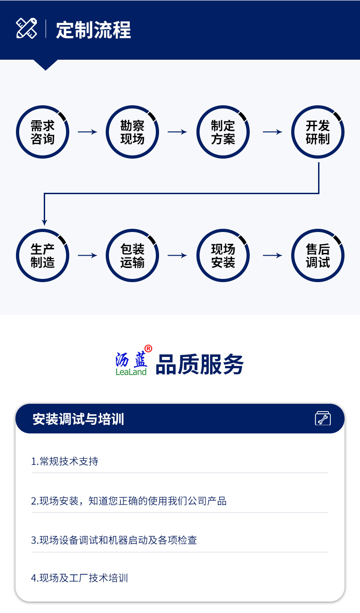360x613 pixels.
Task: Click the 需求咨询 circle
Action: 42,132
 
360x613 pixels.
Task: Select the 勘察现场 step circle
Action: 132,132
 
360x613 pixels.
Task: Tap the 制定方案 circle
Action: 223,132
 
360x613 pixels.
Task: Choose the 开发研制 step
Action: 318,132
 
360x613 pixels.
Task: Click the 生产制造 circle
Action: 42,256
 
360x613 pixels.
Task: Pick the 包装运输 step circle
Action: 132,256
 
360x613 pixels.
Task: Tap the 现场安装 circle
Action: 223,256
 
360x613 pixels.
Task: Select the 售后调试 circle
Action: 318,256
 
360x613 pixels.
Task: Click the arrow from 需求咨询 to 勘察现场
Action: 87,132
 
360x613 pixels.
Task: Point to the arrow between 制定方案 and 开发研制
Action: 273,132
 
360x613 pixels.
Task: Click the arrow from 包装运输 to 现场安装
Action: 177,256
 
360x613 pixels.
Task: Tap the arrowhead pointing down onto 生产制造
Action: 44,222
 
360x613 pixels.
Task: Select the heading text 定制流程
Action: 93,30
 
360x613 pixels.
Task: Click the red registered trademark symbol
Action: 148,349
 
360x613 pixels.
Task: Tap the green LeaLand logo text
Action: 131,372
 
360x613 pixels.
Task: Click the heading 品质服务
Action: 200,365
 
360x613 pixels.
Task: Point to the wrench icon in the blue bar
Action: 323,418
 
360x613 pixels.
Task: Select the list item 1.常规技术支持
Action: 65,461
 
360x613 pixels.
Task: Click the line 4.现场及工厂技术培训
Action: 80,578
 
